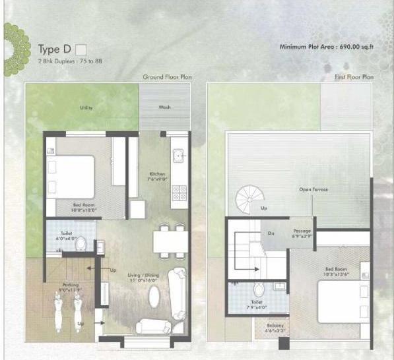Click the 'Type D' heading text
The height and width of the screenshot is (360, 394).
pos(53,49)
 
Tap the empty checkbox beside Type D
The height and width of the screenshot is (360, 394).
pos(81,48)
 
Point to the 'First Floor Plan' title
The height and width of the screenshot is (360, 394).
pos(354,77)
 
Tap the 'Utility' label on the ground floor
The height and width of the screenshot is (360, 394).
pos(86,107)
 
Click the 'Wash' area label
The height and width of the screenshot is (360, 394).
pos(164,107)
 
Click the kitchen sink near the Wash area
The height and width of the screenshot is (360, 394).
pos(178,156)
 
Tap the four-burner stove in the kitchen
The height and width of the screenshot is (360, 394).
pos(179,193)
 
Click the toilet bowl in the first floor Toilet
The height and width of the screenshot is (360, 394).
pos(259,289)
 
